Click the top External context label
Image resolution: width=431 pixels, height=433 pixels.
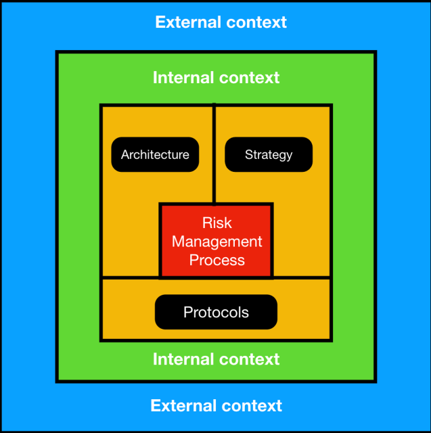point(221,22)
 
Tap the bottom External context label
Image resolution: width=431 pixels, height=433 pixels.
point(216,406)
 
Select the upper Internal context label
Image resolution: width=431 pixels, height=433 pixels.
point(216,77)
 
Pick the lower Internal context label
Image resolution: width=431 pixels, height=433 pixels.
point(216,359)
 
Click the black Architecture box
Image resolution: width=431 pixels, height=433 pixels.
point(155,155)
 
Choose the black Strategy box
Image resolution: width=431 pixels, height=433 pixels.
point(269,155)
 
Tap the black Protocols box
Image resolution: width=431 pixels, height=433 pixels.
point(216,313)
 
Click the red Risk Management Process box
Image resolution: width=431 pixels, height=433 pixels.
point(217,241)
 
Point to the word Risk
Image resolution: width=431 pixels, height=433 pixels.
point(217,223)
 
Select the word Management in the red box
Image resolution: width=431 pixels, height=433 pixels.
point(217,242)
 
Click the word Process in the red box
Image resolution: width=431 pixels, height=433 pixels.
point(217,260)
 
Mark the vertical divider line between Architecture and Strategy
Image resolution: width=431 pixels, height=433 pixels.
point(214,153)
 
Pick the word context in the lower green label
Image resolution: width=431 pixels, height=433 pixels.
point(248,359)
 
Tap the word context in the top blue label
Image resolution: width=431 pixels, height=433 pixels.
point(255,22)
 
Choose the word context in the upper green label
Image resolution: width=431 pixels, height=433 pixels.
point(248,77)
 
